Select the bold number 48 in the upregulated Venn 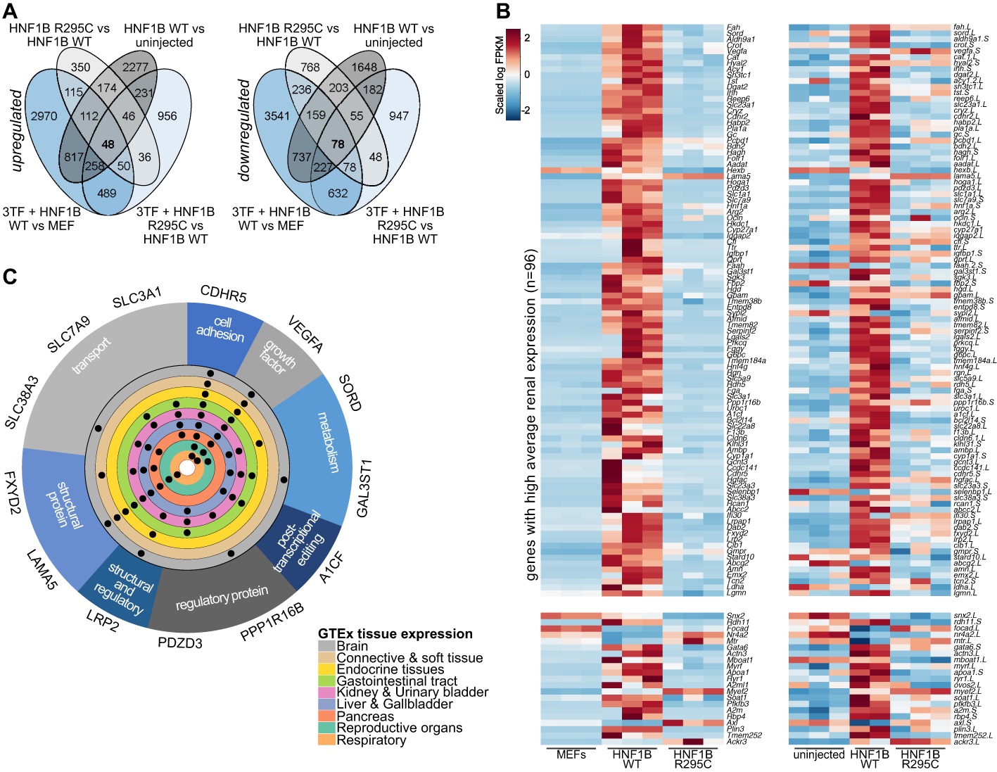coord(108,145)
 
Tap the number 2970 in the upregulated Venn coord(44,115)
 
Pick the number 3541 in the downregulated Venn coord(277,115)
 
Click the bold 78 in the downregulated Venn coord(338,145)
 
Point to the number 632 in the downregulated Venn coord(338,193)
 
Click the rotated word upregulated coord(16,131)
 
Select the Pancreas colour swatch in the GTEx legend coord(326,716)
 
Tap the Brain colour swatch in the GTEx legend coord(326,646)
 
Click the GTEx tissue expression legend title coord(395,633)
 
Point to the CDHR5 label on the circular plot coord(223,294)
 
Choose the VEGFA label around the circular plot coord(305,334)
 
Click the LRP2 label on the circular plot coord(103,621)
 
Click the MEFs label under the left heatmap coord(571,754)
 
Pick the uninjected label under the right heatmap coord(818,754)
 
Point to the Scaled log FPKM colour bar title coord(499,75)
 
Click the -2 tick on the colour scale coord(527,110)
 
